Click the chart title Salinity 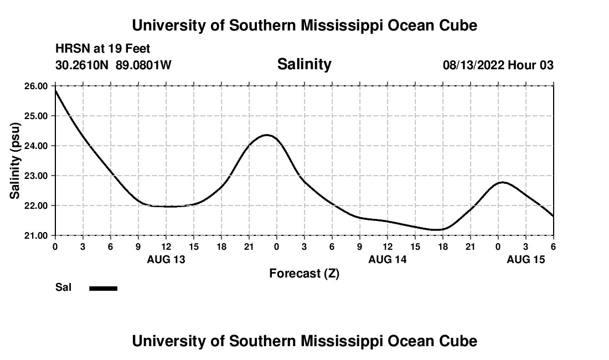pyautogui.click(x=304, y=64)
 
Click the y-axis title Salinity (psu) pyautogui.click(x=15, y=161)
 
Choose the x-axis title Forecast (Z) pyautogui.click(x=304, y=273)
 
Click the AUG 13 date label pyautogui.click(x=166, y=259)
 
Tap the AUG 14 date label pyautogui.click(x=388, y=259)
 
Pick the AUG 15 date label pyautogui.click(x=526, y=259)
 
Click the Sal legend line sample pyautogui.click(x=103, y=288)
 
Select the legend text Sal pyautogui.click(x=63, y=288)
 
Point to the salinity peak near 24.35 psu pyautogui.click(x=267, y=135)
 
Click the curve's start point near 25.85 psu pyautogui.click(x=55, y=90)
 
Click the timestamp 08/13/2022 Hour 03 pyautogui.click(x=498, y=65)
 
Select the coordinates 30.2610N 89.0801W pyautogui.click(x=113, y=65)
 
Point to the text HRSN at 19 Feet pyautogui.click(x=103, y=49)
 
